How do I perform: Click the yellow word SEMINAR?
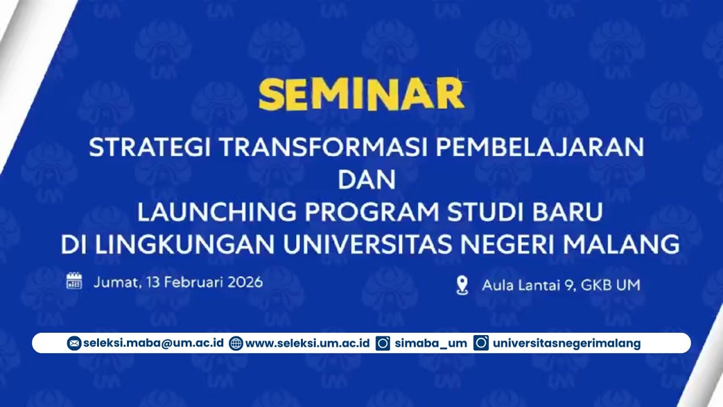coord(361,94)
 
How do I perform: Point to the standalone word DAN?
coord(366,180)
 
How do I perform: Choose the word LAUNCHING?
coord(216,212)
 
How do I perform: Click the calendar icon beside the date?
coord(74,281)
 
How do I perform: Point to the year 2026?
coord(245,282)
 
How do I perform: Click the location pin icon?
coord(462,285)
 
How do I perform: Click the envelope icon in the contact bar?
coord(74,343)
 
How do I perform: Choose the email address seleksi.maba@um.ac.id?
coord(154,343)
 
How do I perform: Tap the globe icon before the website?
coord(236,343)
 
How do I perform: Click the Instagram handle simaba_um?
coord(431,343)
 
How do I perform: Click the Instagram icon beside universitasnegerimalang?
coord(481,343)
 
